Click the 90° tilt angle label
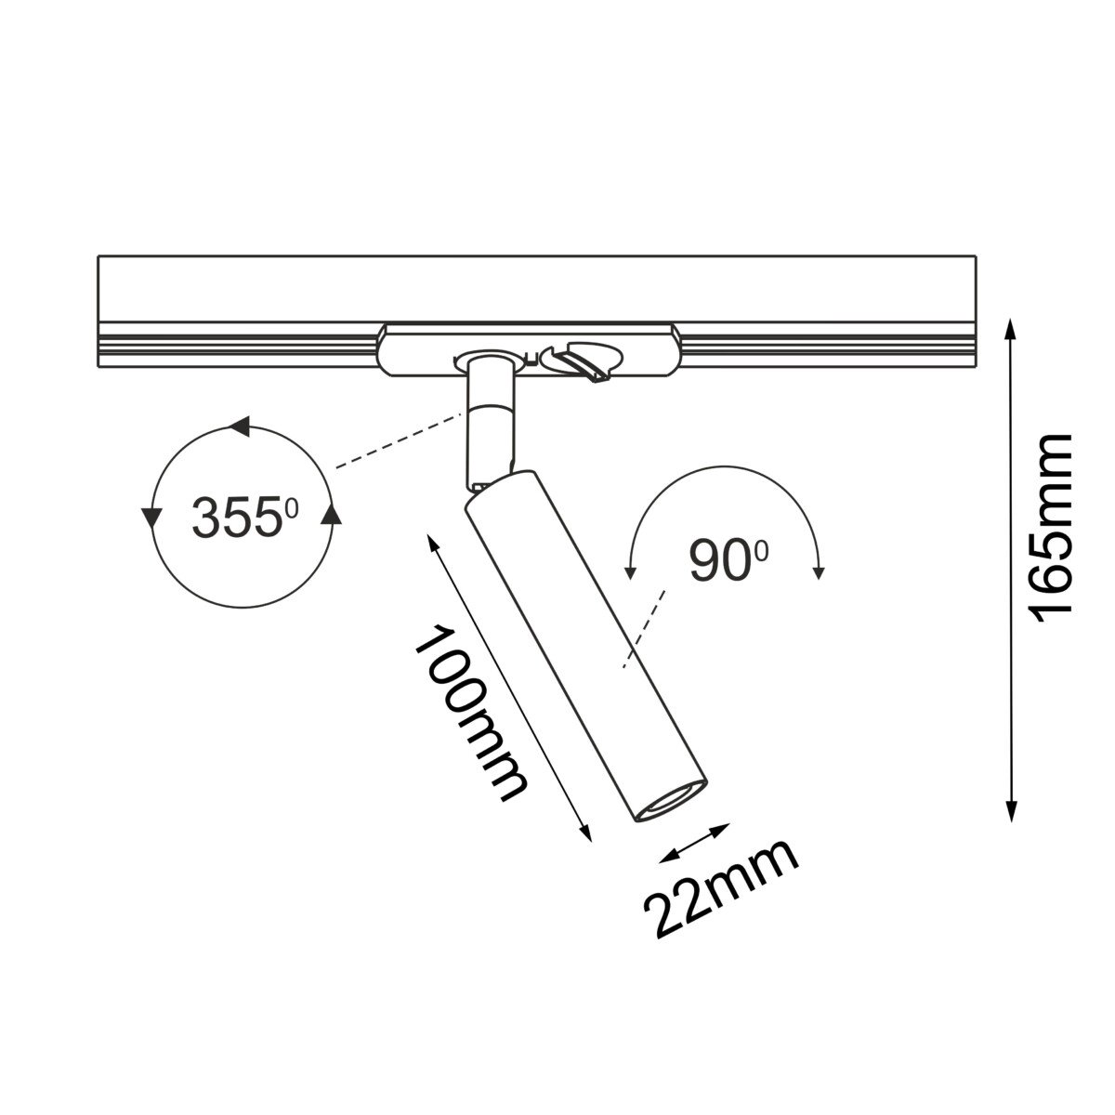pyautogui.click(x=728, y=559)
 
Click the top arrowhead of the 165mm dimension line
pyautogui.click(x=1010, y=329)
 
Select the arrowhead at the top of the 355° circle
pyautogui.click(x=240, y=426)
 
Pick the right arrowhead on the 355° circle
pyautogui.click(x=331, y=514)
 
